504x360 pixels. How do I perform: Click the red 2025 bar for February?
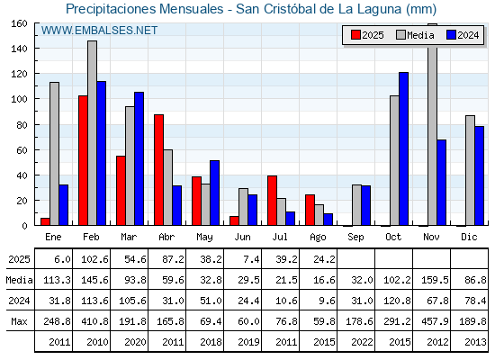(x=83, y=160)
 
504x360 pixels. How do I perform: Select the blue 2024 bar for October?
(x=403, y=148)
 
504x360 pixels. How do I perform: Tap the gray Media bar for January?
(x=54, y=154)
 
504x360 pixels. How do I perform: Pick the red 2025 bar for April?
(x=158, y=170)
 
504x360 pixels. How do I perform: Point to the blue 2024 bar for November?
(x=441, y=183)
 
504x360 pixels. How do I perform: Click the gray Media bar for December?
(x=470, y=170)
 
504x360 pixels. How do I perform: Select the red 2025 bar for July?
(x=272, y=201)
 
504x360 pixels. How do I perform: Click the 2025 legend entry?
(x=367, y=35)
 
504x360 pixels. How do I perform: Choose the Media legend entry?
(x=415, y=35)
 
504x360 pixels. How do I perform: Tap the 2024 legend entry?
(x=463, y=35)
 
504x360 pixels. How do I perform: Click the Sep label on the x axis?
(x=355, y=238)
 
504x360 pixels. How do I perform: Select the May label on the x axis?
(x=204, y=238)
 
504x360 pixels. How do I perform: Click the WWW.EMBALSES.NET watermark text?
(x=99, y=31)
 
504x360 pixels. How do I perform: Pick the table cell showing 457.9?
(x=435, y=321)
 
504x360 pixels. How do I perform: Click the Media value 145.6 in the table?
(x=94, y=280)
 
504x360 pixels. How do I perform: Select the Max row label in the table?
(x=19, y=321)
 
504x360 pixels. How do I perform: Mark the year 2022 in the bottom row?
(x=362, y=342)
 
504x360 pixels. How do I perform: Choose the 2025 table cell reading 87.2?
(x=173, y=259)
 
